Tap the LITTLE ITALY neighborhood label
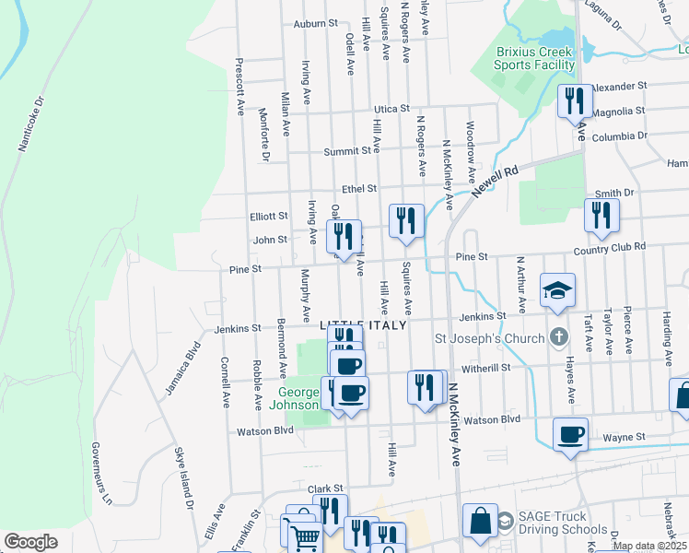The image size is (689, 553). (363, 326)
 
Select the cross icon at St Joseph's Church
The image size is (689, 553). (557, 337)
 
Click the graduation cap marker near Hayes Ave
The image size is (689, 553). (557, 289)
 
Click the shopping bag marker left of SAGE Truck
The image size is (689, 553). (480, 521)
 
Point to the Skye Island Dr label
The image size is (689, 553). (184, 477)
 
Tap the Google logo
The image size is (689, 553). (30, 542)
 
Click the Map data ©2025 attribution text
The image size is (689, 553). (649, 546)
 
